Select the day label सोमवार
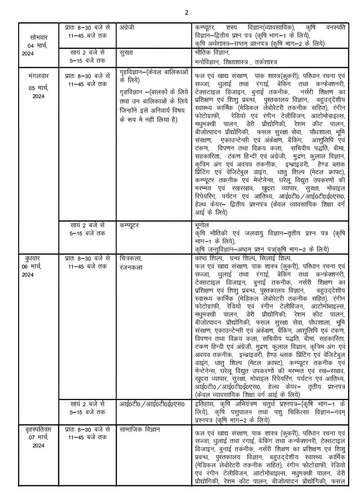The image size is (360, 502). tap(39, 37)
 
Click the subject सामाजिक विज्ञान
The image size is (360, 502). tap(139, 429)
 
